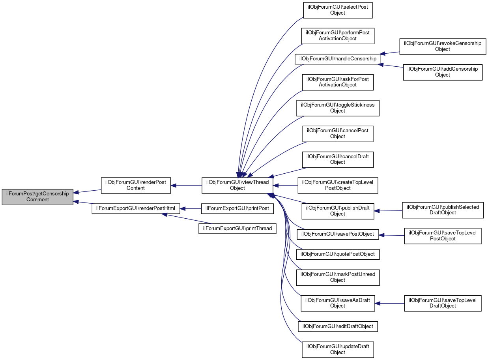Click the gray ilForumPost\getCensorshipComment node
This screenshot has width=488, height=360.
(x=37, y=196)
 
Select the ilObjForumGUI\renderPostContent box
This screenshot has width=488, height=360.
(x=136, y=185)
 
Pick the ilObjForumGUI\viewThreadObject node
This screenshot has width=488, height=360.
(x=237, y=185)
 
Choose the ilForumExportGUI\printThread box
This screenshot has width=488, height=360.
(x=237, y=228)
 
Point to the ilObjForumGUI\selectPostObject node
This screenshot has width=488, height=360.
(x=338, y=10)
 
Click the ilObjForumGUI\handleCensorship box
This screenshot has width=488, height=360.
(x=338, y=59)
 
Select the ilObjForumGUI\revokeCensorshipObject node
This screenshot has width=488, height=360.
(x=443, y=46)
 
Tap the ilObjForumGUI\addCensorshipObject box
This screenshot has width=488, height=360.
(x=443, y=72)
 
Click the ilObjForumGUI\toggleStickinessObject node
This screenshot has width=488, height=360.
(x=338, y=108)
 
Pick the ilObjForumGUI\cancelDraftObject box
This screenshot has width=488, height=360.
(x=338, y=159)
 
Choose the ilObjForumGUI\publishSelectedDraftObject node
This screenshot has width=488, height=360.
(x=443, y=210)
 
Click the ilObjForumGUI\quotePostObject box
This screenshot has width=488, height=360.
(x=338, y=254)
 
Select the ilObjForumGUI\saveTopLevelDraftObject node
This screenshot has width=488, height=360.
(x=443, y=303)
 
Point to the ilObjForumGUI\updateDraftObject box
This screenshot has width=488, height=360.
(x=338, y=349)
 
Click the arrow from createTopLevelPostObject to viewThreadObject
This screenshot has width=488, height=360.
(x=286, y=185)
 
